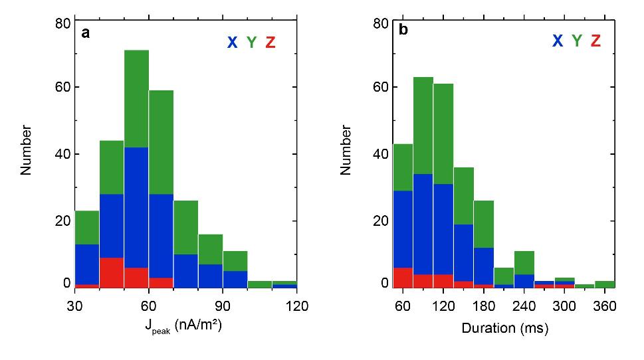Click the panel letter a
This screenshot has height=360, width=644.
(86, 33)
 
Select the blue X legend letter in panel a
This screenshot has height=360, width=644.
(232, 43)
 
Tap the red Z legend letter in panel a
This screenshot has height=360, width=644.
(270, 43)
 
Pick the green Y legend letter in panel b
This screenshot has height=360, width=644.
(576, 41)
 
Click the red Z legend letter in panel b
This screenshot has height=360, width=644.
(595, 41)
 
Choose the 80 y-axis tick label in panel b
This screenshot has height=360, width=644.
(381, 24)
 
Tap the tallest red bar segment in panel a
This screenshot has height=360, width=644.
(112, 272)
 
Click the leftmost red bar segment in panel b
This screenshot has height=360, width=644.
(403, 278)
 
